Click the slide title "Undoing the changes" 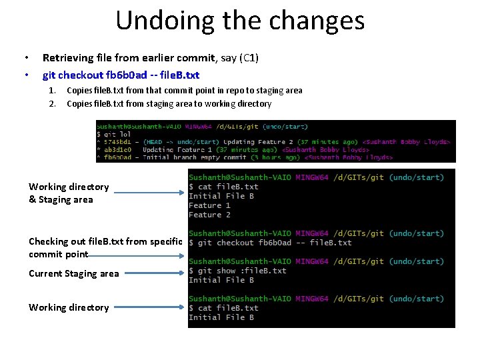pyautogui.click(x=240, y=21)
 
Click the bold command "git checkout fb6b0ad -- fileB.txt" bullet pyautogui.click(x=121, y=75)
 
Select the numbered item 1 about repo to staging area pyautogui.click(x=184, y=91)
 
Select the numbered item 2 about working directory pyautogui.click(x=169, y=104)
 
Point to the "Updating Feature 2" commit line pyautogui.click(x=273, y=141)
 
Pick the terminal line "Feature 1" pyautogui.click(x=209, y=205)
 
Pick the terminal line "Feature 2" pyautogui.click(x=209, y=215)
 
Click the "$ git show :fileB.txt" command pyautogui.click(x=237, y=271)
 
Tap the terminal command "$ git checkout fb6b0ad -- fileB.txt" pyautogui.click(x=270, y=243)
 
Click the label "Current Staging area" pyautogui.click(x=73, y=273)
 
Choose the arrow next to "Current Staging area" pyautogui.click(x=154, y=273)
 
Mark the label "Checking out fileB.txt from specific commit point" pyautogui.click(x=105, y=248)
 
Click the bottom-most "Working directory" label pyautogui.click(x=69, y=307)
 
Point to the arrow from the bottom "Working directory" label pyautogui.click(x=149, y=308)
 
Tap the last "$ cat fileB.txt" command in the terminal pyautogui.click(x=223, y=308)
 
